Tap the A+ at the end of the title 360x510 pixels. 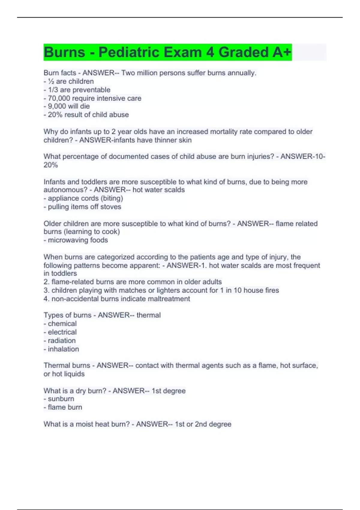pos(282,52)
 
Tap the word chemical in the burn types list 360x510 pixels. pos(62,324)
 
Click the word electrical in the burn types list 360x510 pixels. pos(62,332)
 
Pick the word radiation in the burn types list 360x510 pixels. pos(62,340)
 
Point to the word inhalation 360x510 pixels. pos(63,349)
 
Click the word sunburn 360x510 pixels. pos(61,399)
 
